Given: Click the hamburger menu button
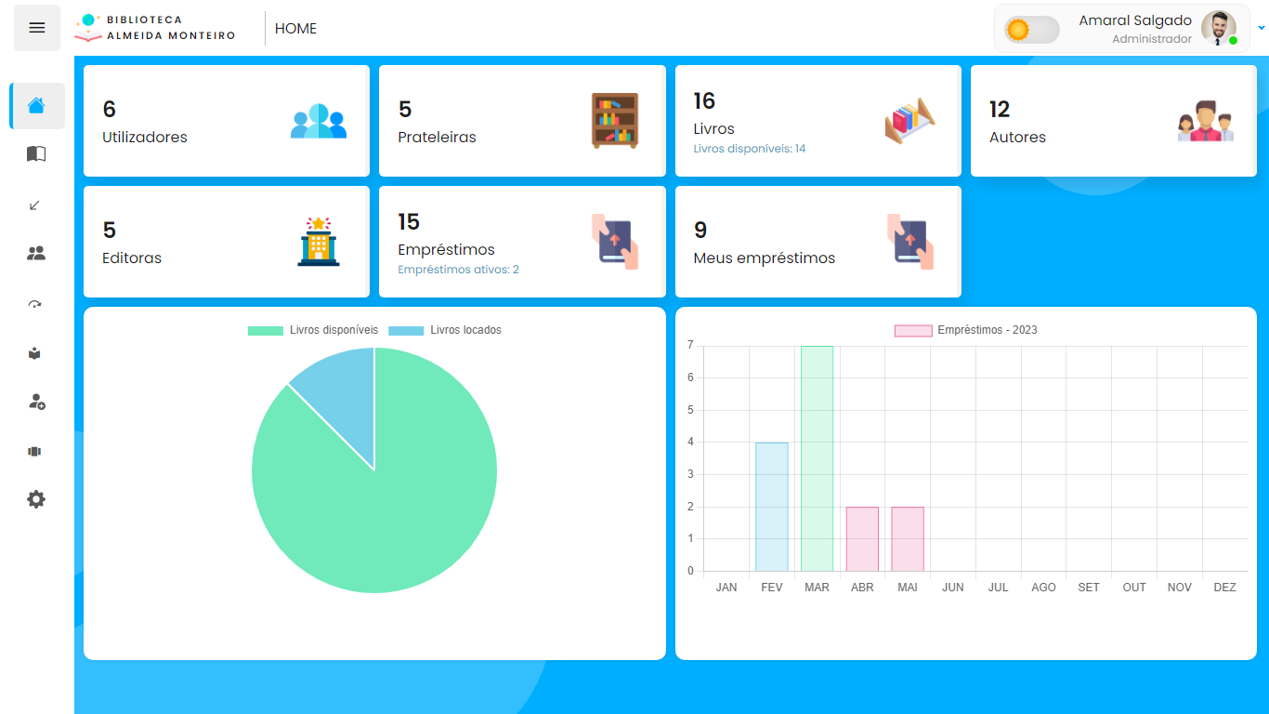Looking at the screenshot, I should pyautogui.click(x=37, y=28).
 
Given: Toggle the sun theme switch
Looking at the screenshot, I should pyautogui.click(x=1031, y=30).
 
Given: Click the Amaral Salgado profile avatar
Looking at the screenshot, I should pyautogui.click(x=1218, y=28).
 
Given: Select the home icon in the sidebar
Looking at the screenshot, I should pyautogui.click(x=36, y=106).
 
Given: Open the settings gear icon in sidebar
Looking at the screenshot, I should pyautogui.click(x=36, y=499).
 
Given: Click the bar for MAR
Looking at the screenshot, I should pyautogui.click(x=817, y=458).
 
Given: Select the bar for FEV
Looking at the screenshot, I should pyautogui.click(x=771, y=507).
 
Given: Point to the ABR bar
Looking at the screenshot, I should pyautogui.click(x=862, y=539).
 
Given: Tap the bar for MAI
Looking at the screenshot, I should pyautogui.click(x=908, y=539).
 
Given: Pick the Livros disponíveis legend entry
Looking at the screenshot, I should pyautogui.click(x=313, y=330).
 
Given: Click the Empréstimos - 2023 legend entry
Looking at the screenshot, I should pyautogui.click(x=966, y=330).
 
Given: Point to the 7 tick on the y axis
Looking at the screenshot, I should pyautogui.click(x=690, y=345).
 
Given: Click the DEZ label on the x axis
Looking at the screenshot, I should pyautogui.click(x=1224, y=588).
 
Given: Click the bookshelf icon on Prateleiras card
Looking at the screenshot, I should pyautogui.click(x=615, y=120).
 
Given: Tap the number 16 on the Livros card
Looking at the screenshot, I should pyautogui.click(x=704, y=100).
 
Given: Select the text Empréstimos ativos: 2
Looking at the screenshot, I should pyautogui.click(x=458, y=270).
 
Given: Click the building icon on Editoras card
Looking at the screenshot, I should pyautogui.click(x=319, y=242).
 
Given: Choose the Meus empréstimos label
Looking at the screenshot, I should pyautogui.click(x=764, y=258).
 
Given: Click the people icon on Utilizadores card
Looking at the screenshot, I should pyautogui.click(x=319, y=121).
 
